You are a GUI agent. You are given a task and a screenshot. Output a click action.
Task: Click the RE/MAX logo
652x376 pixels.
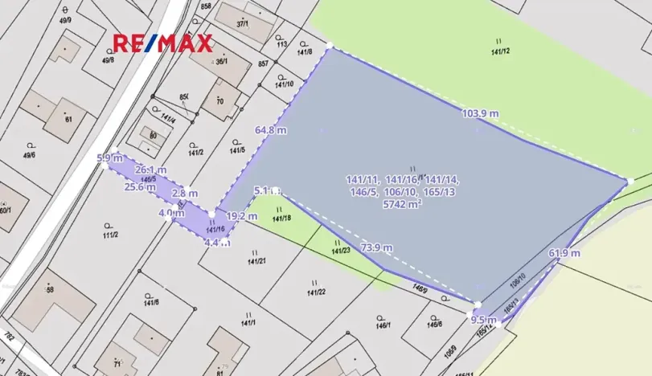pyautogui.click(x=162, y=43)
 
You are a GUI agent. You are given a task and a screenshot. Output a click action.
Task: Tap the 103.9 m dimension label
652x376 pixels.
pyautogui.click(x=480, y=113)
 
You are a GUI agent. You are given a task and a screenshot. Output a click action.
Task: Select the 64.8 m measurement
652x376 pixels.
pyautogui.click(x=271, y=130)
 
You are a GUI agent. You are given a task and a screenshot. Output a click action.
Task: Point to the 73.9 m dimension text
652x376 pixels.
pyautogui.click(x=376, y=247)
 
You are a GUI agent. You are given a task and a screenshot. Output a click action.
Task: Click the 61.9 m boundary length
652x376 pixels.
pyautogui.click(x=564, y=253)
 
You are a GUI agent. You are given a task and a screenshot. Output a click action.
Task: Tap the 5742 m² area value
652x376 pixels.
pyautogui.click(x=404, y=204)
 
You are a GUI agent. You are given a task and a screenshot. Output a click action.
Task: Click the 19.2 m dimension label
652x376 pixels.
pyautogui.click(x=241, y=216)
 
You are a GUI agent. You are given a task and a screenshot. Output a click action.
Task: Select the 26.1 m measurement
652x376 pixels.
pyautogui.click(x=150, y=170)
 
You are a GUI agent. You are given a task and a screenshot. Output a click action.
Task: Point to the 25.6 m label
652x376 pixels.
pyautogui.click(x=140, y=186)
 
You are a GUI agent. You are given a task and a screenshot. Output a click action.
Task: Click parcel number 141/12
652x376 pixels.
pyautogui.click(x=500, y=51)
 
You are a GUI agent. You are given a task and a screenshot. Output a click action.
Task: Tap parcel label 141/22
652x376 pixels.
pyautogui.click(x=316, y=292)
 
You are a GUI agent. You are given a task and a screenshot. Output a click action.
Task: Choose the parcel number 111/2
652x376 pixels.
pyautogui.click(x=110, y=235)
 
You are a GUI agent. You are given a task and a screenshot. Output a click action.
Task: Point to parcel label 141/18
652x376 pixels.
pyautogui.click(x=281, y=218)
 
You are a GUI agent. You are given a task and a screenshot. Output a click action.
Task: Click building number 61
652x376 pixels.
pyautogui.click(x=69, y=120)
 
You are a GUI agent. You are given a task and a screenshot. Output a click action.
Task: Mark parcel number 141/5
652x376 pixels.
pyautogui.click(x=237, y=150)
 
